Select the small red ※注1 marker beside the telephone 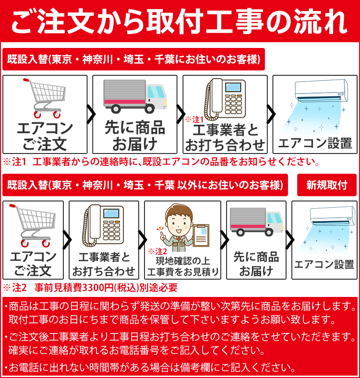[194, 118]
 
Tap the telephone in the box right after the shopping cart [103, 225]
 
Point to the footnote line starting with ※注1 [161, 161]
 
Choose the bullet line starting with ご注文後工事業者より [180, 336]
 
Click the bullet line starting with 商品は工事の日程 [180, 306]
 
